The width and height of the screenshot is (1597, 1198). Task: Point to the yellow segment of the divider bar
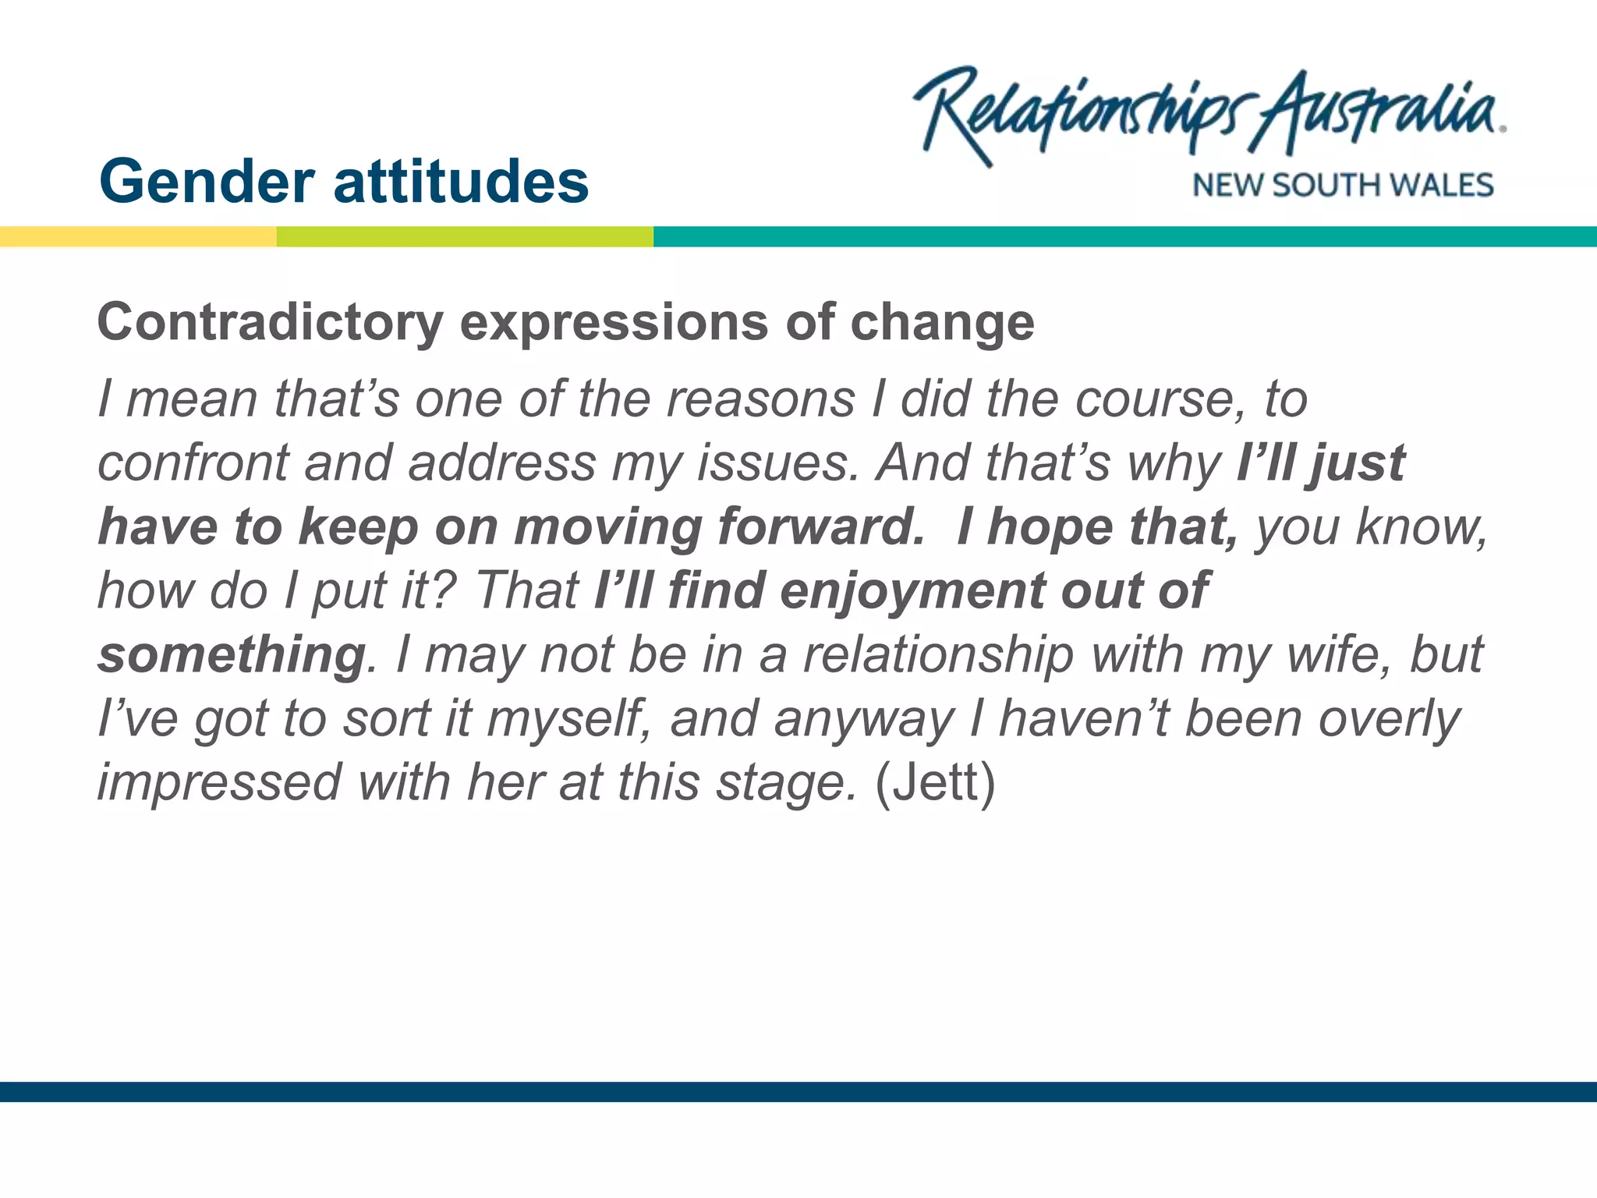click(138, 236)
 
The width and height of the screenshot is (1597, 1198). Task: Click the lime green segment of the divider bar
click(465, 236)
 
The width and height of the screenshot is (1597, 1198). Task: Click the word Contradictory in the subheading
click(270, 323)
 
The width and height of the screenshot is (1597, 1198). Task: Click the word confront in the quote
click(193, 463)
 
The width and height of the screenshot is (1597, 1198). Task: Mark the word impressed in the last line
click(219, 783)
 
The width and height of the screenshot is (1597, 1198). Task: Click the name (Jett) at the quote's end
click(935, 783)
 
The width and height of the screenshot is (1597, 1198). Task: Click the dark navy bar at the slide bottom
click(798, 1091)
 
